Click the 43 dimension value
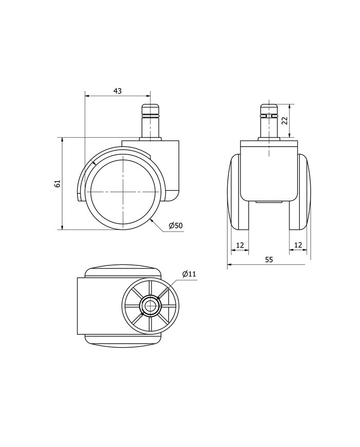click(x=117, y=91)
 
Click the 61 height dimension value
click(x=58, y=184)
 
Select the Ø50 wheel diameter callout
click(x=175, y=226)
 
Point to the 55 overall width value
click(x=269, y=259)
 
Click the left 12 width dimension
click(x=240, y=245)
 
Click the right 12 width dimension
click(x=298, y=245)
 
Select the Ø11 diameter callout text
click(x=189, y=274)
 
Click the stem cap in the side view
click(x=150, y=109)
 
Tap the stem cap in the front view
click(x=268, y=109)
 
